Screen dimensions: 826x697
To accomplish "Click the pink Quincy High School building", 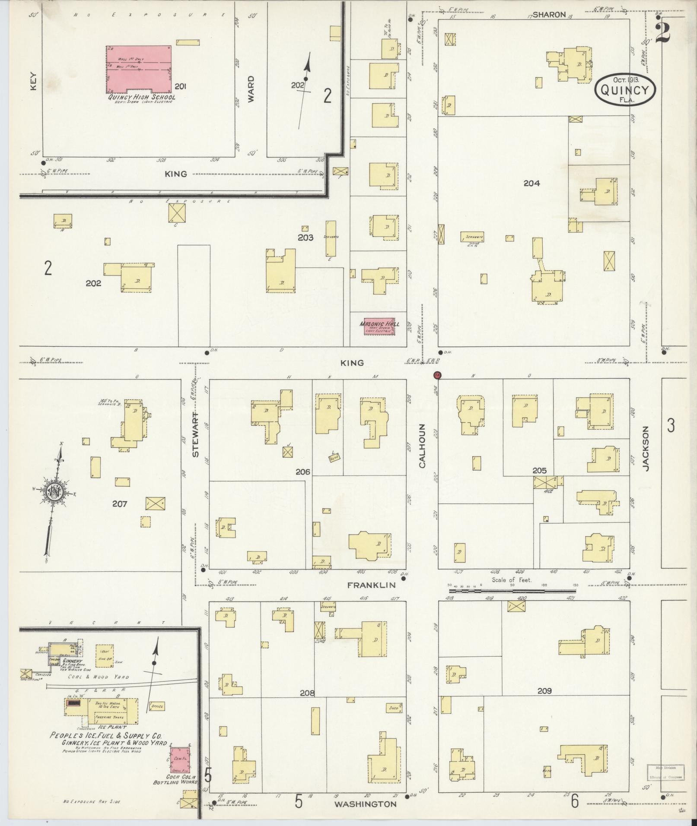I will (138, 69).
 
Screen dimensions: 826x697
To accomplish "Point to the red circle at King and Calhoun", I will (437, 375).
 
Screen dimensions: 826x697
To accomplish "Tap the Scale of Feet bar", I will (512, 590).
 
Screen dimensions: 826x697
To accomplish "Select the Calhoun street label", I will (422, 445).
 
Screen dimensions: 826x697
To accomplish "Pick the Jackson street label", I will (646, 448).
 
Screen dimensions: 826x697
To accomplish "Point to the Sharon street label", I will (549, 15).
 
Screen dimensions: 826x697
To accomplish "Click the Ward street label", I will (251, 89).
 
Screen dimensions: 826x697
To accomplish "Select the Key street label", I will (34, 81).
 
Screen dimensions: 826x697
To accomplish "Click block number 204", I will (532, 183).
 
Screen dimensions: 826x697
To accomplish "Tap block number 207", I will (119, 503).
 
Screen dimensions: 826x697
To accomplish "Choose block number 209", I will (544, 691).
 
